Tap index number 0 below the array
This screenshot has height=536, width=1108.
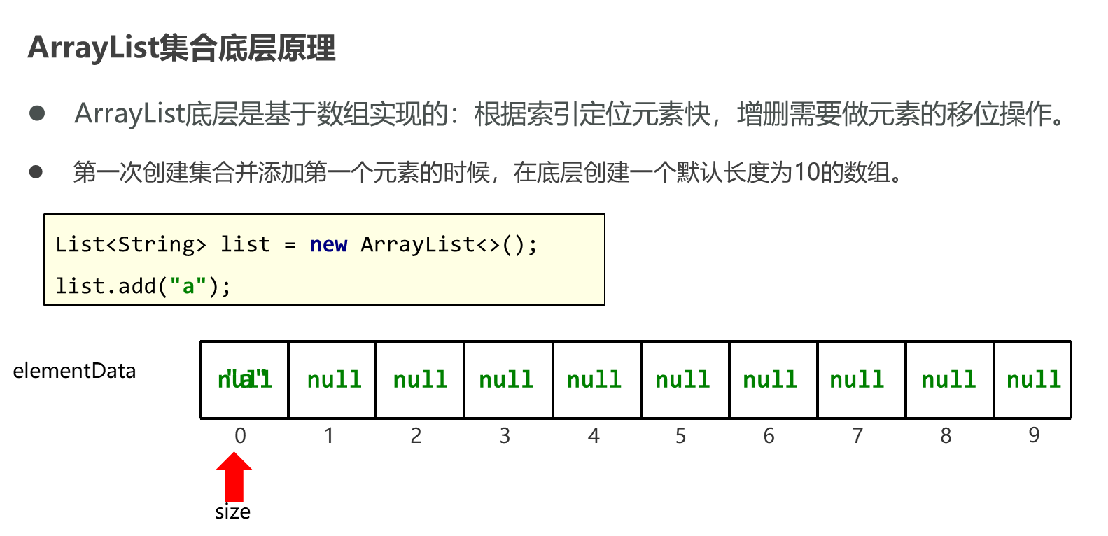point(240,436)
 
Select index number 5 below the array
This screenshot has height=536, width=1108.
point(680,436)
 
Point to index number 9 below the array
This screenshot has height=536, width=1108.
point(1034,435)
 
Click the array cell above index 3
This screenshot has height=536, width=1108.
point(507,379)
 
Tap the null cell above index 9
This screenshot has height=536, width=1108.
point(1034,379)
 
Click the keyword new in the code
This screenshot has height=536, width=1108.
point(328,244)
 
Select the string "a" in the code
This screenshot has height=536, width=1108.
point(188,286)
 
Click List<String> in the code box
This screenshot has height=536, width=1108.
point(131,244)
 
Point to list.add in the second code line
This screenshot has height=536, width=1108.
point(106,286)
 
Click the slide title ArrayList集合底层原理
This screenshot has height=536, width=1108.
point(182,48)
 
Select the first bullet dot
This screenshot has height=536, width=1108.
point(37,113)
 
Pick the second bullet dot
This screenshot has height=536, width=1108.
point(36,171)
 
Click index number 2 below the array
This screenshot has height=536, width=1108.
point(416,436)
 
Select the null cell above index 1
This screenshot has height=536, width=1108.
point(335,379)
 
